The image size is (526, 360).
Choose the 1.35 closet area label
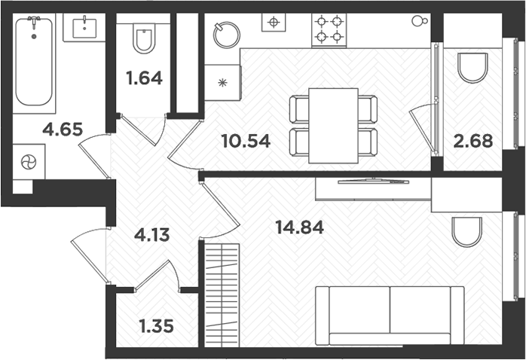pyautogui.click(x=157, y=327)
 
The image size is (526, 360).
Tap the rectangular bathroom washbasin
pyautogui.click(x=84, y=30)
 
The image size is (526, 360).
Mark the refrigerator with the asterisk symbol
pyautogui.click(x=223, y=81)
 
